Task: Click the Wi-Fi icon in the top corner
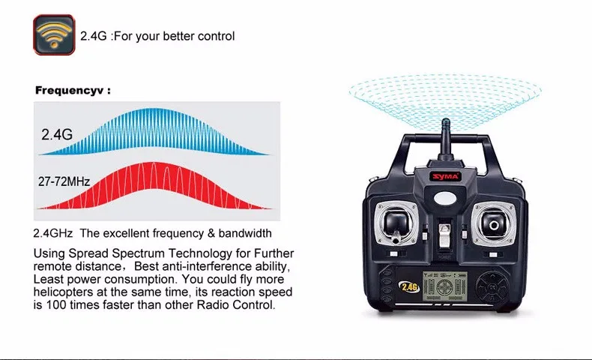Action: point(54,34)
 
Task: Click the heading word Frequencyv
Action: point(70,91)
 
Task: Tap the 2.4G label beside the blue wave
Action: point(57,134)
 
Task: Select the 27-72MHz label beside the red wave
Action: point(64,181)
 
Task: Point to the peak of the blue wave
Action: point(153,109)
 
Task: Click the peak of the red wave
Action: point(154,163)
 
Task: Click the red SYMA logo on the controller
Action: point(446,176)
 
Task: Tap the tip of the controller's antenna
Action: point(446,120)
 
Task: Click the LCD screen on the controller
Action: point(445,286)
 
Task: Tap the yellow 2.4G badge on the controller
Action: point(410,287)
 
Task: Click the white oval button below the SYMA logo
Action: point(445,197)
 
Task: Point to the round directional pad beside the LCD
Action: point(492,287)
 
